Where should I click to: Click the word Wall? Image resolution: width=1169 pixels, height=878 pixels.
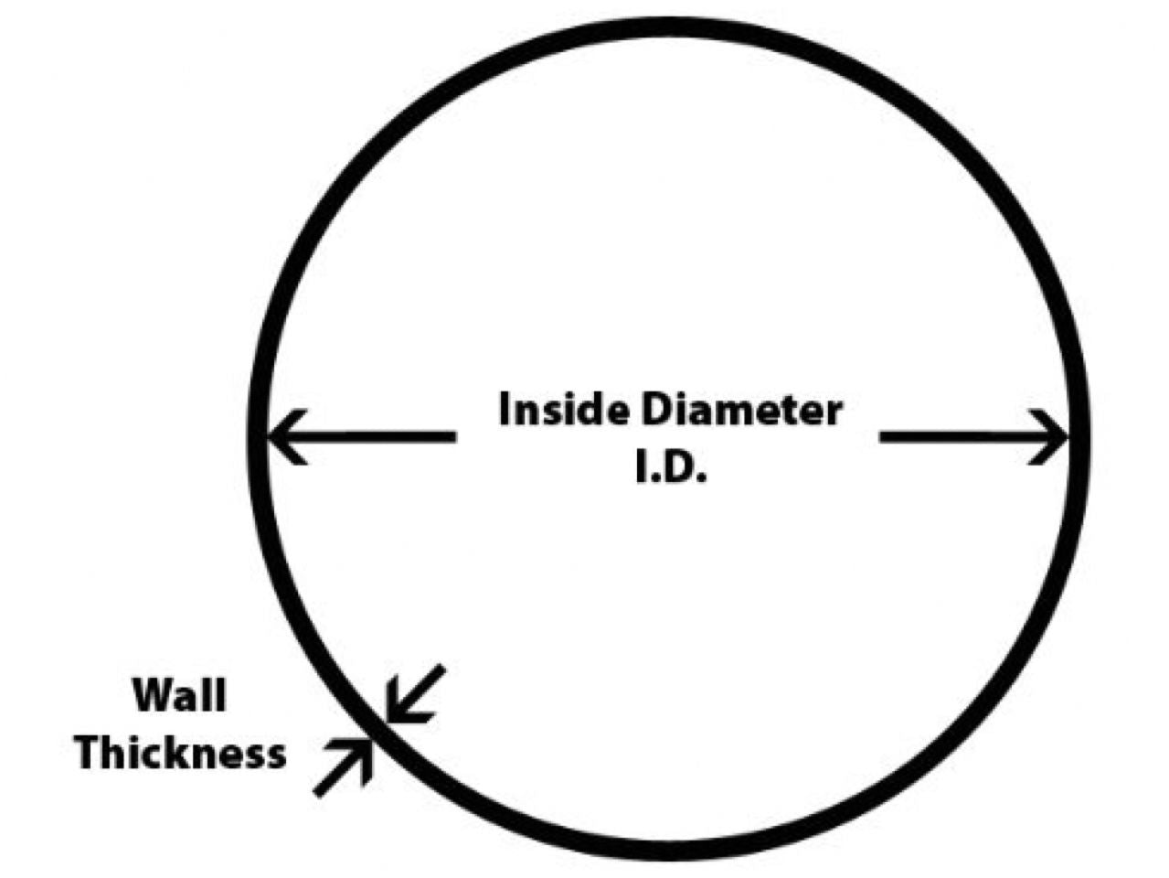pyautogui.click(x=179, y=695)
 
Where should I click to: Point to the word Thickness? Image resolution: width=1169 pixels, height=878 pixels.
pyautogui.click(x=181, y=755)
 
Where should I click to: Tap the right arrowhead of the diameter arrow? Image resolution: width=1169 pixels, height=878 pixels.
pyautogui.click(x=1051, y=436)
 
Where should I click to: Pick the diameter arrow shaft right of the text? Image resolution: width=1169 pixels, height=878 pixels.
pyautogui.click(x=960, y=436)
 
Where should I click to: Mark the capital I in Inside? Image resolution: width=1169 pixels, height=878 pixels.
pyautogui.click(x=505, y=411)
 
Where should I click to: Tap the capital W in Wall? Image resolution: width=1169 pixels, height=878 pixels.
pyautogui.click(x=152, y=695)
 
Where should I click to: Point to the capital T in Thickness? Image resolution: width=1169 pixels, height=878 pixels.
pyautogui.click(x=89, y=755)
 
